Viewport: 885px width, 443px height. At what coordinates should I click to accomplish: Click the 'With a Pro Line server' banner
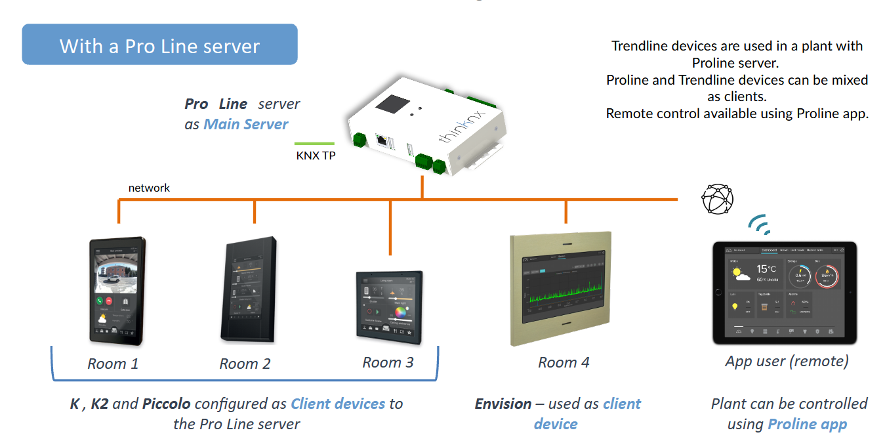point(159,45)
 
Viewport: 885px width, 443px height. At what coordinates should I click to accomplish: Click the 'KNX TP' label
point(316,156)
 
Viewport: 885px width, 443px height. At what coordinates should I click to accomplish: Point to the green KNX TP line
point(314,144)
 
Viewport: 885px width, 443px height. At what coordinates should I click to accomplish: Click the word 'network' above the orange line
point(149,188)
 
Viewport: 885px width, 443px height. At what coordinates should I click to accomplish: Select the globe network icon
point(717,199)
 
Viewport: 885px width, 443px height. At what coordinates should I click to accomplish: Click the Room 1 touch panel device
point(117,290)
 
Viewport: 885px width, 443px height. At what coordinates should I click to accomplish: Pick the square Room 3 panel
point(389,306)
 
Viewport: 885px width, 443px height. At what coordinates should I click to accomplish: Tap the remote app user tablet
point(785,293)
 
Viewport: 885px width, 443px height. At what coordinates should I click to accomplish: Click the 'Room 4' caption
point(564,362)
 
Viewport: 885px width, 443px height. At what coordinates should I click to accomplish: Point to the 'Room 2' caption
point(245,364)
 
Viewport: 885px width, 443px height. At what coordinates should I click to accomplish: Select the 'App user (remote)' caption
point(787,361)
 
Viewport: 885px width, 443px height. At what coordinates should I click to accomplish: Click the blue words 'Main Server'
point(245,124)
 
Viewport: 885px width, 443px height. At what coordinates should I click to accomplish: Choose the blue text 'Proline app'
point(807,424)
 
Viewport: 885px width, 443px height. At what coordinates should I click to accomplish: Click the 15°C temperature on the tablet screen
point(766,269)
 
